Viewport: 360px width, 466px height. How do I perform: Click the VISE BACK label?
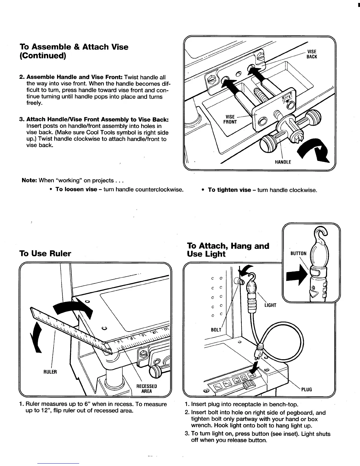(x=312, y=54)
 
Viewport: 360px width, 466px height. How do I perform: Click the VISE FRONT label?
(x=230, y=119)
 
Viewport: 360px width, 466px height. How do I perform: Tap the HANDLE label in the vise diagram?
(x=283, y=162)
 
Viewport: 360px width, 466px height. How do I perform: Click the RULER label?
(x=50, y=372)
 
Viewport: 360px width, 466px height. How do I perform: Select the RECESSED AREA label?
(x=146, y=388)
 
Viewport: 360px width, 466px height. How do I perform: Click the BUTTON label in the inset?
(x=298, y=253)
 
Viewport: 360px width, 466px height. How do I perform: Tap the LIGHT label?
(x=270, y=305)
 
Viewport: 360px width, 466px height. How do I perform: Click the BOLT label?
(x=216, y=330)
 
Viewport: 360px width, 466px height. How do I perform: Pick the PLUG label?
(x=306, y=390)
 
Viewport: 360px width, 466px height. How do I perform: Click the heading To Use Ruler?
(x=45, y=254)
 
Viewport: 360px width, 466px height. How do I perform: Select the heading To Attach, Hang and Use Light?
(x=228, y=250)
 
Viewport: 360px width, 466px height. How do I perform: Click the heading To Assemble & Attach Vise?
(x=74, y=51)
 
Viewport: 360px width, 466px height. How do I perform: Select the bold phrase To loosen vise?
(x=76, y=189)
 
